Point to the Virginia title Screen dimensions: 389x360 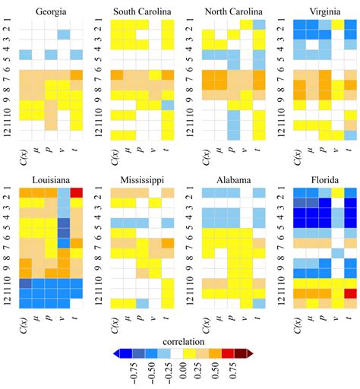pos(317,11)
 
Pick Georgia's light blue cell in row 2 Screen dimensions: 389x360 pos(64,35)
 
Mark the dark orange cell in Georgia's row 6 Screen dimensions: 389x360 pos(76,74)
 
